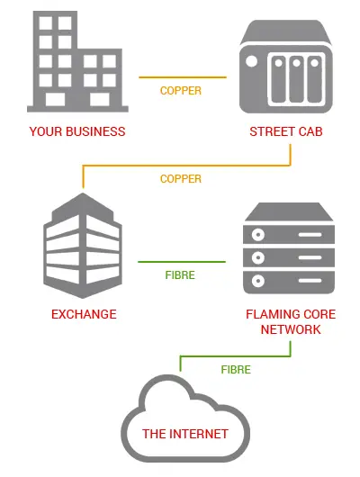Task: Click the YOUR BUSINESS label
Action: (77, 131)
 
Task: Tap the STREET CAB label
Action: (285, 131)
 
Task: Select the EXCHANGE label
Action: (84, 314)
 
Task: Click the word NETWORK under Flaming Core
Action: (291, 329)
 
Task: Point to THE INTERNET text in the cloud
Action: (185, 434)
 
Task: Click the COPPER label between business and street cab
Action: (181, 91)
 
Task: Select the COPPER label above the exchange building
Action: (181, 179)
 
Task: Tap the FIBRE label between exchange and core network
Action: (180, 275)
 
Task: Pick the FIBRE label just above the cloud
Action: (236, 370)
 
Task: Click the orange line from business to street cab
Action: (183, 77)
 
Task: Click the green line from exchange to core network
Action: (182, 262)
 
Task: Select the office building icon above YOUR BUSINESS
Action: (77, 61)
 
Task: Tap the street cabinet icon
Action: (285, 67)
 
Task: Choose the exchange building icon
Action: (83, 246)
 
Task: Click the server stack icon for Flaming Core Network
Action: (289, 248)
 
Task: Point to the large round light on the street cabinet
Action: (251, 61)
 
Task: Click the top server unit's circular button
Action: (258, 235)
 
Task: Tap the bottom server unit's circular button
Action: (258, 281)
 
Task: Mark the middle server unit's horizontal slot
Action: (310, 257)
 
